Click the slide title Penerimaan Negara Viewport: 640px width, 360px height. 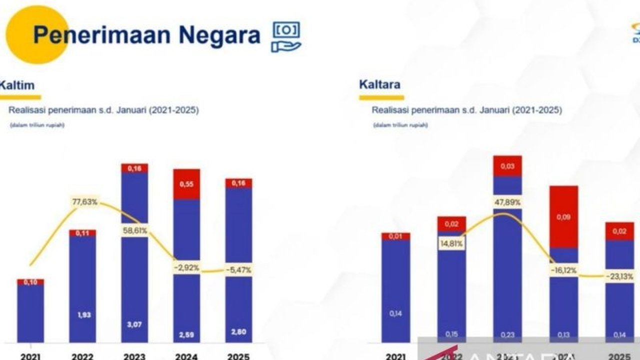(146, 35)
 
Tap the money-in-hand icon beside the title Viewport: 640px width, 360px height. (286, 36)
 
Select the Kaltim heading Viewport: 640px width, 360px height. (17, 85)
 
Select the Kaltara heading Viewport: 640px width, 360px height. (379, 84)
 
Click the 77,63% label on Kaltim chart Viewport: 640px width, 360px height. (84, 202)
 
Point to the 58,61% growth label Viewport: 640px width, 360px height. (134, 230)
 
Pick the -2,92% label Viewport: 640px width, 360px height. (186, 268)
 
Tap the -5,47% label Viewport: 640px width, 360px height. (238, 269)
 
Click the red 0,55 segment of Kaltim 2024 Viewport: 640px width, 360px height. (186, 184)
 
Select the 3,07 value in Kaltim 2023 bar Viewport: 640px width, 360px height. (134, 324)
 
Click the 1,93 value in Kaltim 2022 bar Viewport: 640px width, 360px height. (82, 315)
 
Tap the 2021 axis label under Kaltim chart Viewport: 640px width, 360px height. (30, 356)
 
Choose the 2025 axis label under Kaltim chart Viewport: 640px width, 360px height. (238, 356)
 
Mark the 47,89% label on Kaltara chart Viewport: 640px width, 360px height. (507, 202)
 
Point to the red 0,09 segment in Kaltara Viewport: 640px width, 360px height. (563, 217)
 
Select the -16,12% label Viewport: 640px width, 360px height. (563, 270)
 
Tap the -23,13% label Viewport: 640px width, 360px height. (619, 276)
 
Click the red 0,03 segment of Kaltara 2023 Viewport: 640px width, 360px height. (507, 166)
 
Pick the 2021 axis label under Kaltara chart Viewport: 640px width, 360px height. (395, 356)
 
